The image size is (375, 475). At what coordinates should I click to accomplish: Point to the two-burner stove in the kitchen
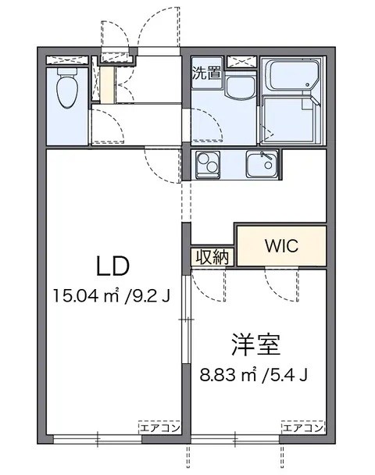click(209, 164)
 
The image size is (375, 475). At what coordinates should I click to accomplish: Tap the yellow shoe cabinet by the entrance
click(105, 85)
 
